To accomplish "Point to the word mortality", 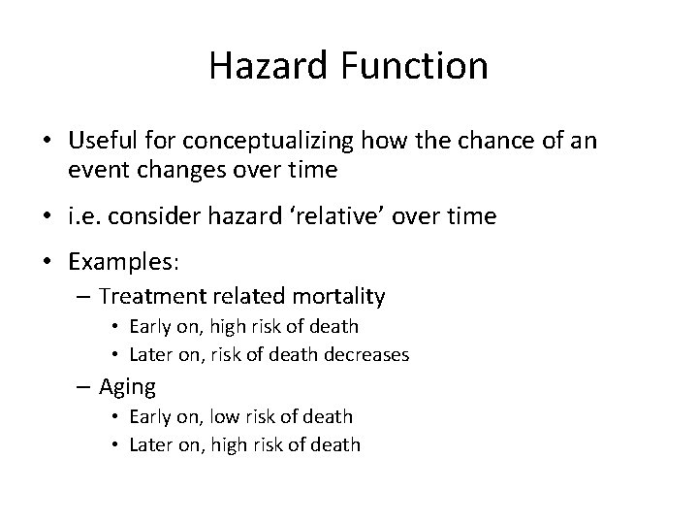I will [334, 296].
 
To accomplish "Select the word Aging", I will [126, 386].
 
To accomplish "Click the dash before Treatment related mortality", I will [85, 297].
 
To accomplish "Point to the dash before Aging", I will [85, 387].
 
